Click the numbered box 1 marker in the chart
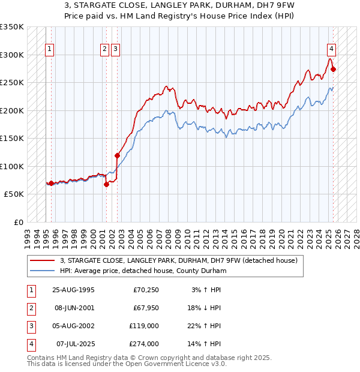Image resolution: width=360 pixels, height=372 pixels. click(49, 50)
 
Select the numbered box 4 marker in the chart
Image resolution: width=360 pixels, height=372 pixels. click(331, 50)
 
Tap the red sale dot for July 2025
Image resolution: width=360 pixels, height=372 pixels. click(334, 69)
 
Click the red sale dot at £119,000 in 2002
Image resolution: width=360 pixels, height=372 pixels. click(118, 155)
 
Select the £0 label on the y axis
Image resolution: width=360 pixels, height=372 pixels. click(18, 222)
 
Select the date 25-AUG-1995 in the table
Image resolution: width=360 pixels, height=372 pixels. click(74, 290)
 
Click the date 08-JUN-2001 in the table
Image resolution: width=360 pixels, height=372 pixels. click(74, 308)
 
